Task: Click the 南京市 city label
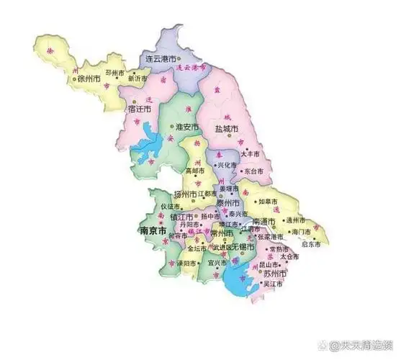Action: point(153,233)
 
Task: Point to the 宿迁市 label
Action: point(138,109)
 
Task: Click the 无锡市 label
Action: point(243,247)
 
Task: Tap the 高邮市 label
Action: point(196,171)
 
